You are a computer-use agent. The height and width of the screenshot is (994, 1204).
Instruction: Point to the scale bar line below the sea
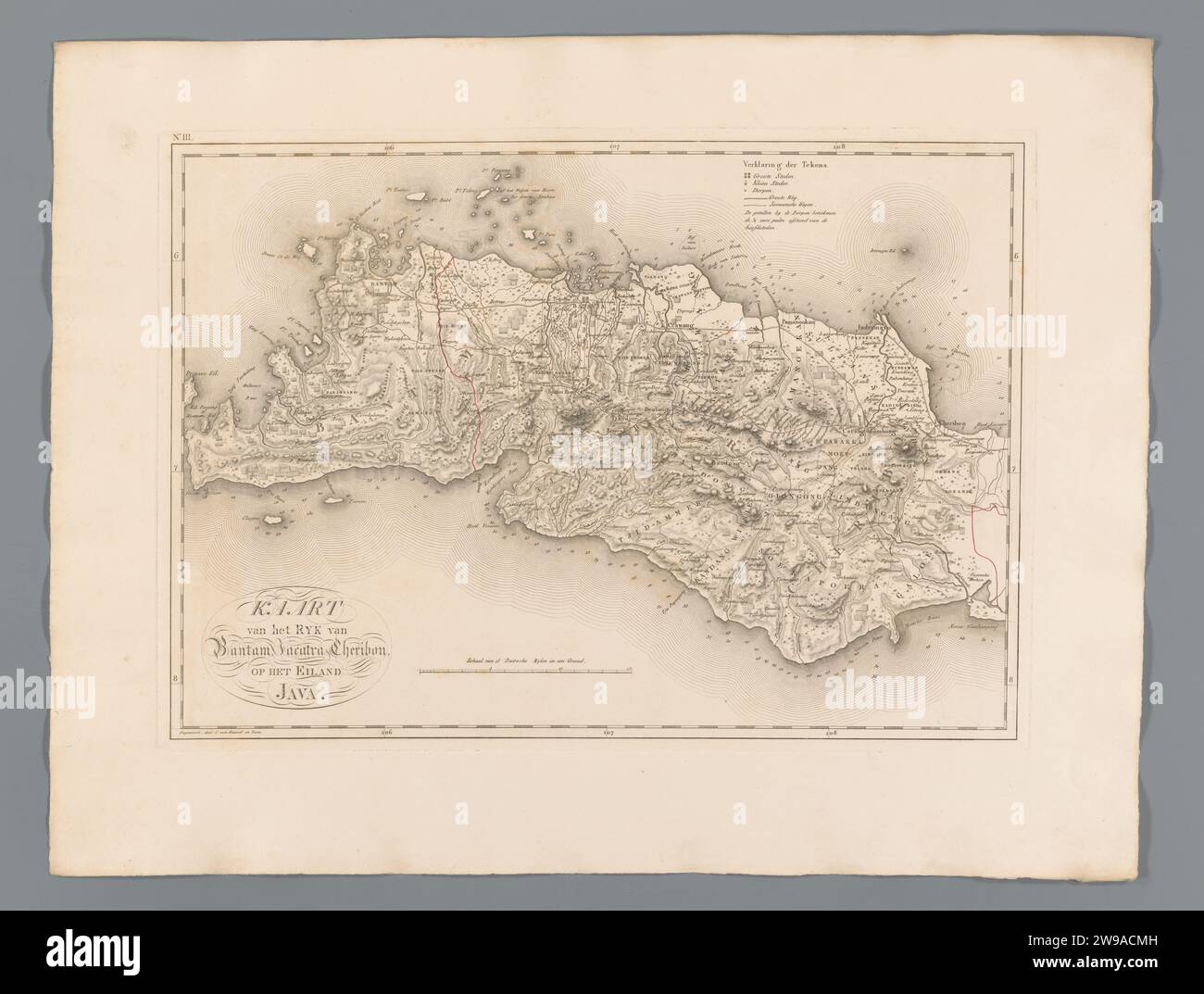pyautogui.click(x=524, y=667)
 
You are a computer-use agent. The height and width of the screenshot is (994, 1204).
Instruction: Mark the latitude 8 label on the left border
pyautogui.click(x=176, y=681)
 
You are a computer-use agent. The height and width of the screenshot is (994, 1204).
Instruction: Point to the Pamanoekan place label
pyautogui.click(x=801, y=322)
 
